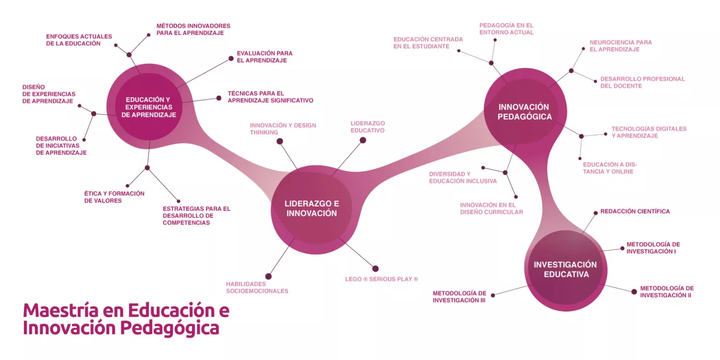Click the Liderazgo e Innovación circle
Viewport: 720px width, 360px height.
(312, 209)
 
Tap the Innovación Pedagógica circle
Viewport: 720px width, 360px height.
(525, 111)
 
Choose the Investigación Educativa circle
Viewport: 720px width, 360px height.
(565, 269)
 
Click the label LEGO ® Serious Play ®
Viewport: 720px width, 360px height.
(382, 279)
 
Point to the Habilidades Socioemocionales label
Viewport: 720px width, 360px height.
(257, 288)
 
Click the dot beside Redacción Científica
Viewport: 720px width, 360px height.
(595, 212)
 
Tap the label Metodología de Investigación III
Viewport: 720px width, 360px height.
(459, 297)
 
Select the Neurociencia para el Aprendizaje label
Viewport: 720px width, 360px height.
(621, 46)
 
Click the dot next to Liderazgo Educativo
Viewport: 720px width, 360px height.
(363, 140)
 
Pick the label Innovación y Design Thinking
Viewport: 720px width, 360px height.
(283, 129)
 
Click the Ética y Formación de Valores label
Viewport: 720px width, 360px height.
(114, 197)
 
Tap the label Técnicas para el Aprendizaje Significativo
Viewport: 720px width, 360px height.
(270, 97)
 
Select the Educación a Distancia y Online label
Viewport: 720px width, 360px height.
(610, 168)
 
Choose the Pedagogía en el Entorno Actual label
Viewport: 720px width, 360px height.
(506, 29)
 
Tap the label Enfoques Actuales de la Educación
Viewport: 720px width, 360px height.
(79, 40)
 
